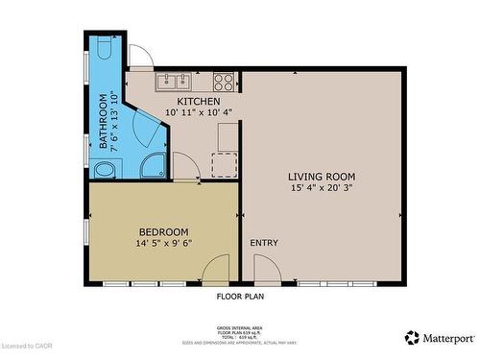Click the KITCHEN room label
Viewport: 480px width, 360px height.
pos(199,101)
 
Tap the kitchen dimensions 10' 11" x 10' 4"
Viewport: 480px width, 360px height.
pos(199,112)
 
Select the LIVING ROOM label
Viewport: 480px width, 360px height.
pos(322,177)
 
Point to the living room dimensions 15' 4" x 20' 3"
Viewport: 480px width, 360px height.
pos(322,188)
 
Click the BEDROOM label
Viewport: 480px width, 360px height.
pos(163,231)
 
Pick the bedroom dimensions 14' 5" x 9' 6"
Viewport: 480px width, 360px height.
pos(163,243)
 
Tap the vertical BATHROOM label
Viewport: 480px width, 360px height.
pos(105,122)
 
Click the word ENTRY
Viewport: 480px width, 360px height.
pos(264,243)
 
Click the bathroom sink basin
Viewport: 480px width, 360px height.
pos(104,170)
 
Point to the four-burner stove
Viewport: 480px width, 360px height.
pos(224,81)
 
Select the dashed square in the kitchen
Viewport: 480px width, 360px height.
pos(225,166)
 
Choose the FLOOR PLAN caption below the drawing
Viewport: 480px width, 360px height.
pos(240,297)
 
